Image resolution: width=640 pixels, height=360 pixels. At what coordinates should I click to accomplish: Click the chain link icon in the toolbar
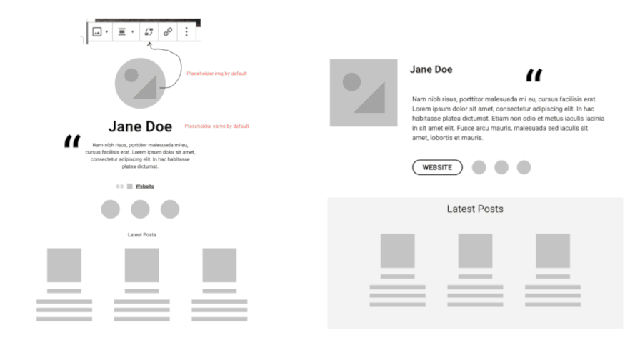click(x=168, y=32)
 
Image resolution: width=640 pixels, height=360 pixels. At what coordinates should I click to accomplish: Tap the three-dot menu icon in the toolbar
click(x=186, y=32)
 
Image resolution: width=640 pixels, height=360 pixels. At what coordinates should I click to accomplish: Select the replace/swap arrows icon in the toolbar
click(x=149, y=32)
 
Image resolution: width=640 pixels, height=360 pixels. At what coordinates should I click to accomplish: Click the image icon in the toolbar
click(x=96, y=32)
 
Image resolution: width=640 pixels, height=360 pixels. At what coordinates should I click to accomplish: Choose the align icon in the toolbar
click(x=121, y=32)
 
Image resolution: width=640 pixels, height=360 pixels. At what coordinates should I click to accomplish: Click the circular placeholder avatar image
click(x=140, y=84)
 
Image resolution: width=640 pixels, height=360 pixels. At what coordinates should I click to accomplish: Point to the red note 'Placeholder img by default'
click(x=216, y=74)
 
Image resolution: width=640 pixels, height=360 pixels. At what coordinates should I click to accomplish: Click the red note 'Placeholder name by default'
click(x=216, y=126)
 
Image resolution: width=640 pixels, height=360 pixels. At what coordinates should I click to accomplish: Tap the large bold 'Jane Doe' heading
click(x=140, y=126)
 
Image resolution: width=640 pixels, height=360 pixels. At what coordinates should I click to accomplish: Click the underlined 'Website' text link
click(x=145, y=186)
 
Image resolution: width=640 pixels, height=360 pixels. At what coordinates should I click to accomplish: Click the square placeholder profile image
click(x=364, y=93)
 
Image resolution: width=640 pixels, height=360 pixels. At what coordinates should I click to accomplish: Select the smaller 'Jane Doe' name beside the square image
click(x=431, y=69)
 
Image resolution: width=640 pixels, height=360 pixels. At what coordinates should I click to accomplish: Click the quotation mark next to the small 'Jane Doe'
click(x=534, y=75)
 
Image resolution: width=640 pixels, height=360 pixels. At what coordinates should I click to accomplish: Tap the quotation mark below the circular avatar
click(x=72, y=141)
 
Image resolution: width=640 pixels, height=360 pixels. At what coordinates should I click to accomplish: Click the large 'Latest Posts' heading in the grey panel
click(x=475, y=209)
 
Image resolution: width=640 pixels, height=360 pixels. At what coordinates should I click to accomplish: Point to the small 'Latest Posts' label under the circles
click(x=141, y=235)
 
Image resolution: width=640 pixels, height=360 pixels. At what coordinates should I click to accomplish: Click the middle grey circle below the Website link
click(x=140, y=209)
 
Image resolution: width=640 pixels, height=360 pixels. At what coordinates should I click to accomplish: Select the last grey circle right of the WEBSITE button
click(x=524, y=167)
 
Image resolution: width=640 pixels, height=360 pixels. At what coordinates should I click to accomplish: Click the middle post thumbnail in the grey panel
click(x=475, y=251)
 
